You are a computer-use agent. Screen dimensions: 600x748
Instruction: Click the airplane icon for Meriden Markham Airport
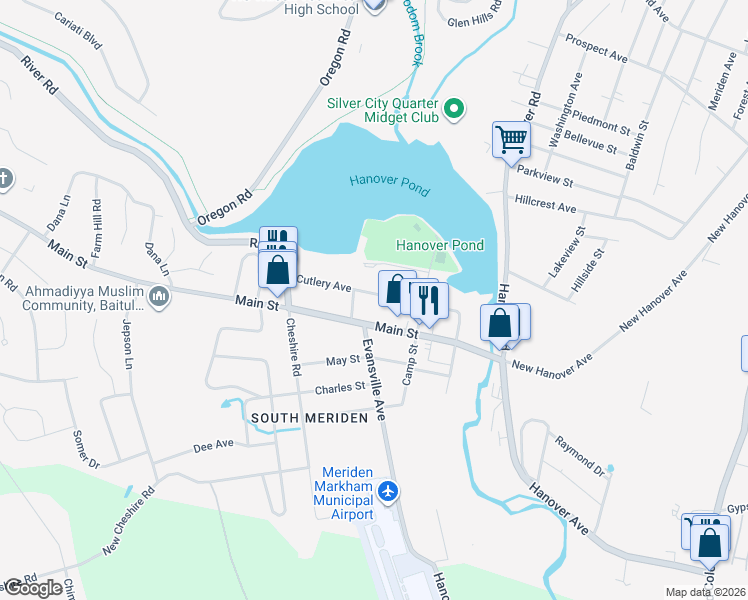click(x=389, y=491)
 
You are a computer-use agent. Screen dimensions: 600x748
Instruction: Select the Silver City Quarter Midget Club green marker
click(x=455, y=107)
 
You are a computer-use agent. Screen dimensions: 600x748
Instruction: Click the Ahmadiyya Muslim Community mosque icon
click(x=160, y=297)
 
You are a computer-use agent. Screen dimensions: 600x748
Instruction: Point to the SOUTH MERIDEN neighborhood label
click(x=310, y=418)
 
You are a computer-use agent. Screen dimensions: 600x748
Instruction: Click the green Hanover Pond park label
click(x=440, y=245)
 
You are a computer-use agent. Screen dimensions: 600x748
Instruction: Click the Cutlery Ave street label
click(x=324, y=285)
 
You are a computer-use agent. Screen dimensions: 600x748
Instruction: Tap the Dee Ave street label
click(x=213, y=443)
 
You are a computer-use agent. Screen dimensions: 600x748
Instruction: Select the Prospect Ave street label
click(x=596, y=49)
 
